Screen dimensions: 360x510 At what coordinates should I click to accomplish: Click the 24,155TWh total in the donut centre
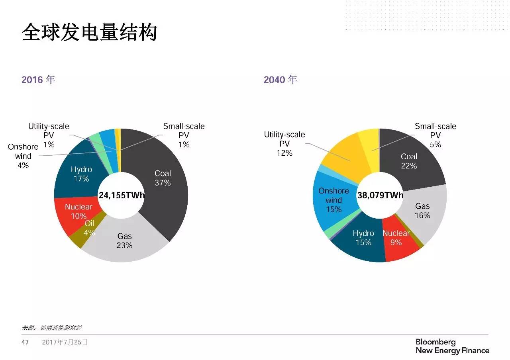coord(121,195)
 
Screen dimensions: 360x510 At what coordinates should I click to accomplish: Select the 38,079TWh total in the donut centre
coord(380,195)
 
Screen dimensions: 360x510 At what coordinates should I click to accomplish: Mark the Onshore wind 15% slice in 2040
coord(334,199)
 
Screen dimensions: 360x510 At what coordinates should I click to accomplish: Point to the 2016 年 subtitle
coord(38,80)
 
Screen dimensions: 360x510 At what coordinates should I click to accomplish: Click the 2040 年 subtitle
coord(280,80)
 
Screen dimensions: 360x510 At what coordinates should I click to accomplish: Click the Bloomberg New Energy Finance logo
coord(452,346)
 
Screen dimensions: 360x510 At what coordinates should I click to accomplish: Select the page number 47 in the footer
coord(25,342)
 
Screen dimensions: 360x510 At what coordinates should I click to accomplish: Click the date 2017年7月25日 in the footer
coord(65,342)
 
